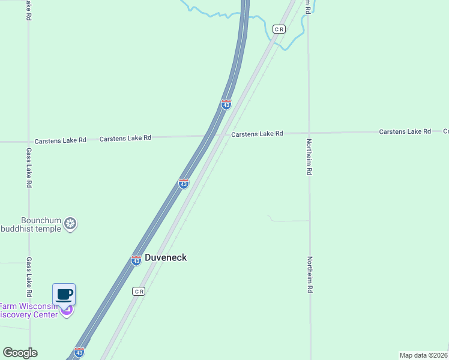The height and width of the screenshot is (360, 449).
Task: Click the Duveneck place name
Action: point(166,257)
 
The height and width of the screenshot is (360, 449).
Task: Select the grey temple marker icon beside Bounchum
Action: point(71,224)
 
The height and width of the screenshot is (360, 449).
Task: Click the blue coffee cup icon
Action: point(64,295)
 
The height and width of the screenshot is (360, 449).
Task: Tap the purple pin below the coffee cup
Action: point(67,311)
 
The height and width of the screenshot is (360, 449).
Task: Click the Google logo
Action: point(20,353)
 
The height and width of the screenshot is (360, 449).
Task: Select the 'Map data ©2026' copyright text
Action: point(424,355)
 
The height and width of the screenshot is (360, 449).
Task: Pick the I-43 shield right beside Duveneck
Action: point(136,260)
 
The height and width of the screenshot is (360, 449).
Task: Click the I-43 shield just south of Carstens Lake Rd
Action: point(184,183)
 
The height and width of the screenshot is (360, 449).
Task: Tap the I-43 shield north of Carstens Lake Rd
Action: point(226,104)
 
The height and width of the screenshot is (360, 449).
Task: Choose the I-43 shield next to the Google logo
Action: point(79,352)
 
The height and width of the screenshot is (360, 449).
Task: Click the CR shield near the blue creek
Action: point(279,29)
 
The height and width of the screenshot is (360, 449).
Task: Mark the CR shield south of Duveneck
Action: point(139,291)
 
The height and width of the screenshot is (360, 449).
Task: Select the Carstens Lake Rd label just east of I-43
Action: point(257,134)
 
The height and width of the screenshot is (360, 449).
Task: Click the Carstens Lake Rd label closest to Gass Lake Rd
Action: point(60,140)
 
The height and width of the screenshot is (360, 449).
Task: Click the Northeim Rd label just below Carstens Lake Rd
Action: point(309,156)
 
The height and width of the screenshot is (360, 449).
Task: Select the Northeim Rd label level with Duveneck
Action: point(310,274)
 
